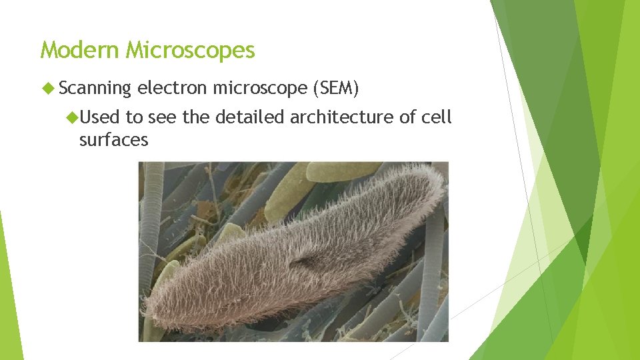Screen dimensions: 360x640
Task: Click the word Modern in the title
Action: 80,50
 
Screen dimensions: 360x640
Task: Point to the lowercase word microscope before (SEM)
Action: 259,88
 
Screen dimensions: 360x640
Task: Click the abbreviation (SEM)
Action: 336,88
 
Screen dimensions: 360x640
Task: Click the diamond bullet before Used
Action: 71,118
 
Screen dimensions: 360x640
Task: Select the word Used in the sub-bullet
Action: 101,118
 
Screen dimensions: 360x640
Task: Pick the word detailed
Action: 249,118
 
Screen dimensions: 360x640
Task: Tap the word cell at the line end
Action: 436,118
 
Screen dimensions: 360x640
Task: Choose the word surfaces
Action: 113,140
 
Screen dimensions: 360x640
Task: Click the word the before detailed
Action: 195,118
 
